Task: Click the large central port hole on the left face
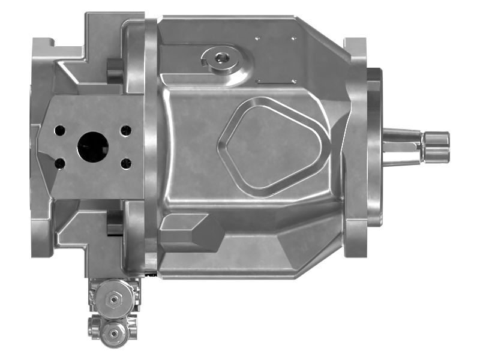pos(92,146)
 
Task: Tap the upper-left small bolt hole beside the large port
pos(60,130)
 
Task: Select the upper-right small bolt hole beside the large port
pos(125,130)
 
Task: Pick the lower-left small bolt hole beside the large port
pos(60,163)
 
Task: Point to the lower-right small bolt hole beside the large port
pos(125,163)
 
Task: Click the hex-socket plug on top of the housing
pos(223,58)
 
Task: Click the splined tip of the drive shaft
pos(436,146)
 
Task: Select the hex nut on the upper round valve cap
pos(112,298)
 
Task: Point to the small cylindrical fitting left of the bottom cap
pos(94,327)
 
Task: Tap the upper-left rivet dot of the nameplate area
pos(257,38)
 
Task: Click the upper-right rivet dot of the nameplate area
pos(293,38)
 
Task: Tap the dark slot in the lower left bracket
pos(114,222)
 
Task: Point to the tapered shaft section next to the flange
pos(402,146)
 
